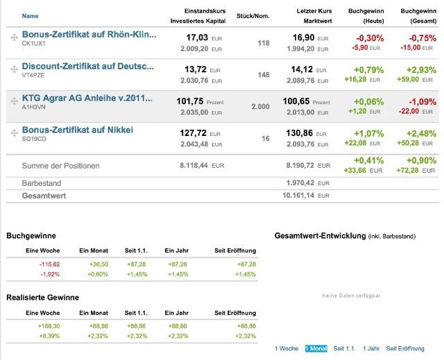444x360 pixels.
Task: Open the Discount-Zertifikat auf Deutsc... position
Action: click(87, 66)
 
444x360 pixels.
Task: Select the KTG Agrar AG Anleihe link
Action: click(86, 98)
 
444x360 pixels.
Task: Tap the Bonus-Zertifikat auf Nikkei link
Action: click(77, 130)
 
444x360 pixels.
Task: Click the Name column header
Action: click(30, 15)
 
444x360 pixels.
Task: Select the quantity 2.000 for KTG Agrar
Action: click(260, 107)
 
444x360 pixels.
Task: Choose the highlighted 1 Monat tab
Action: click(316, 348)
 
